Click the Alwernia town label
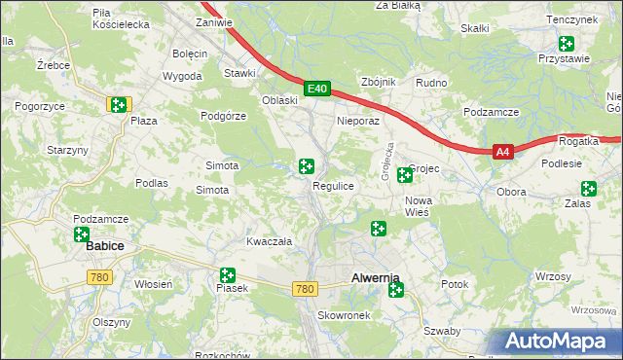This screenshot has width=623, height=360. (x=375, y=278)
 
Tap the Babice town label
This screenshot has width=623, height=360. (x=104, y=246)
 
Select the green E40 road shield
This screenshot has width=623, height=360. (x=315, y=89)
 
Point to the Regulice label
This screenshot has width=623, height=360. (x=332, y=185)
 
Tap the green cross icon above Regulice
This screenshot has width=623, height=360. (x=307, y=167)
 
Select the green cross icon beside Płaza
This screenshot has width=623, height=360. (x=118, y=104)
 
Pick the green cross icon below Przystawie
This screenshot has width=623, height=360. (x=566, y=43)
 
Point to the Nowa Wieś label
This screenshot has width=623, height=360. (x=419, y=205)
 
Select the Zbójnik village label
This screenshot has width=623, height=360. (x=378, y=82)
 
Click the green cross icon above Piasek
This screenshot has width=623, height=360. (x=228, y=276)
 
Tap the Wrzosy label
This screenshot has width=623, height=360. (x=553, y=277)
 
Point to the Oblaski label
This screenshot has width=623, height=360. (x=278, y=100)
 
